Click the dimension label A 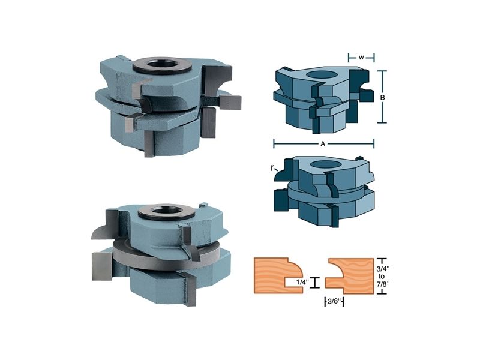pos(323,144)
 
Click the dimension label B pos(382,98)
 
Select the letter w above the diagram pos(361,57)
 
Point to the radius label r pos(272,167)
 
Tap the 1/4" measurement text pos(302,282)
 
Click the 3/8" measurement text pos(334,302)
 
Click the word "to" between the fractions pos(382,277)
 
